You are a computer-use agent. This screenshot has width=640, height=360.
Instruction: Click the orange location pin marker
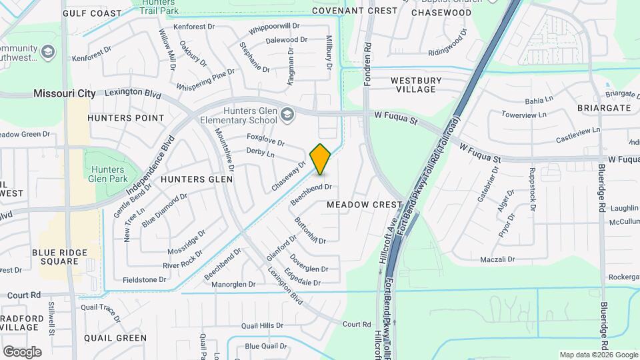tap(321, 159)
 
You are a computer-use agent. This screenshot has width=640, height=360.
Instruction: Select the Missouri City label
tap(65, 94)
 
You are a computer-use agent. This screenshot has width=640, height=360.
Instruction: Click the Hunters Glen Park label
tap(107, 173)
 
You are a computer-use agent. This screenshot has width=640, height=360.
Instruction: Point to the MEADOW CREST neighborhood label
tap(365, 205)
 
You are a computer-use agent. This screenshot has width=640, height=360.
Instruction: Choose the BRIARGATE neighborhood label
tap(605, 107)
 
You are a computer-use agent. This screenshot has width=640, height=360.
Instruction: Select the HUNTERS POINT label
tap(125, 118)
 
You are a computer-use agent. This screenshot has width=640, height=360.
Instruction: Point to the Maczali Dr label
tap(498, 259)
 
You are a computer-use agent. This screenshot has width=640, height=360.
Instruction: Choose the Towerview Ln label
tap(529, 115)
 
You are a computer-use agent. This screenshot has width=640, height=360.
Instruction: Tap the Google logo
tap(22, 351)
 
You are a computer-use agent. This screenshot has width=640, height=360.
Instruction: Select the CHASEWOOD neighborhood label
tap(441, 13)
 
